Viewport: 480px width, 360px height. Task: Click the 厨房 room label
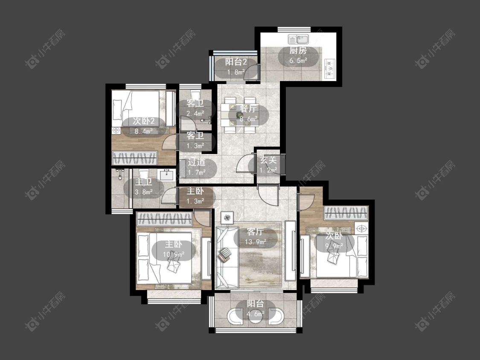[x=298, y=51]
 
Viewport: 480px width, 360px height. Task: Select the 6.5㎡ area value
[x=298, y=60]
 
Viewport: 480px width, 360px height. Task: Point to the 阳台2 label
[x=236, y=62]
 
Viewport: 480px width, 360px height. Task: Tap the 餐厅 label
[x=249, y=108]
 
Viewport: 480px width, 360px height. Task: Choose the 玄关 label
[x=268, y=160]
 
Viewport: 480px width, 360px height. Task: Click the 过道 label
[x=196, y=162]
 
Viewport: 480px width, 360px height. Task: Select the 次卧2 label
[x=144, y=121]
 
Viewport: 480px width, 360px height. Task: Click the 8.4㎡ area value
[x=144, y=131]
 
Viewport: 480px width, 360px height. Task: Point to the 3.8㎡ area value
[x=144, y=192]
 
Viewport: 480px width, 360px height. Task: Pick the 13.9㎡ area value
[x=256, y=242]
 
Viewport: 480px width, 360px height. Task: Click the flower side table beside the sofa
[x=227, y=218]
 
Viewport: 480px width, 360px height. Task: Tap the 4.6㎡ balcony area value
[x=256, y=314]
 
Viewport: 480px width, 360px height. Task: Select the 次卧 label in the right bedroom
[x=334, y=236]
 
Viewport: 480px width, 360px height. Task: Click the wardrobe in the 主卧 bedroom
[x=165, y=219]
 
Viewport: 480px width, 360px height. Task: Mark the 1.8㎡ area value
[x=236, y=72]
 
